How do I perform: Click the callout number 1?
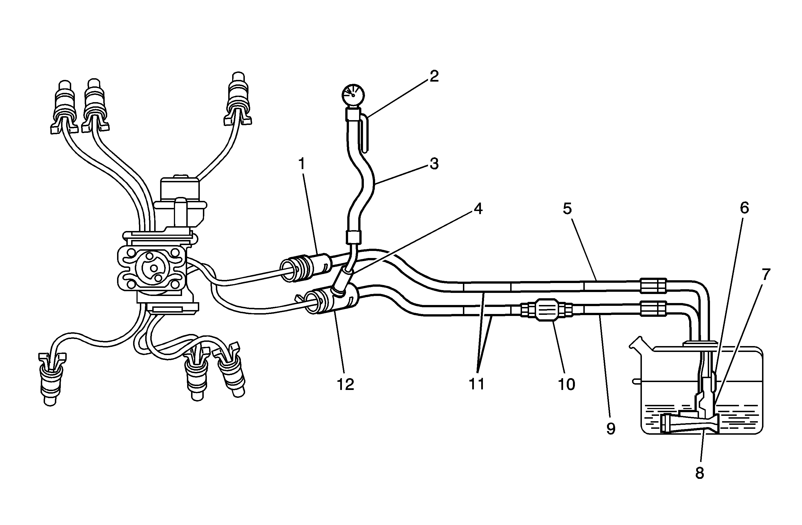(x=302, y=164)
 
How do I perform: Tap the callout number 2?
(x=434, y=77)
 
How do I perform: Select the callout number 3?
(x=434, y=164)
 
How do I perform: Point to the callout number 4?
(x=478, y=209)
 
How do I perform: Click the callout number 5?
(x=568, y=209)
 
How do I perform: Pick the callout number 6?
(x=744, y=208)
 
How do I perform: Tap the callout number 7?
(x=766, y=275)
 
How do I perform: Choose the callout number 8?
(x=700, y=474)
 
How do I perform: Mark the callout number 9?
(x=611, y=428)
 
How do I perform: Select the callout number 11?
(x=477, y=384)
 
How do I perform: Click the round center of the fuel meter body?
(x=154, y=268)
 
